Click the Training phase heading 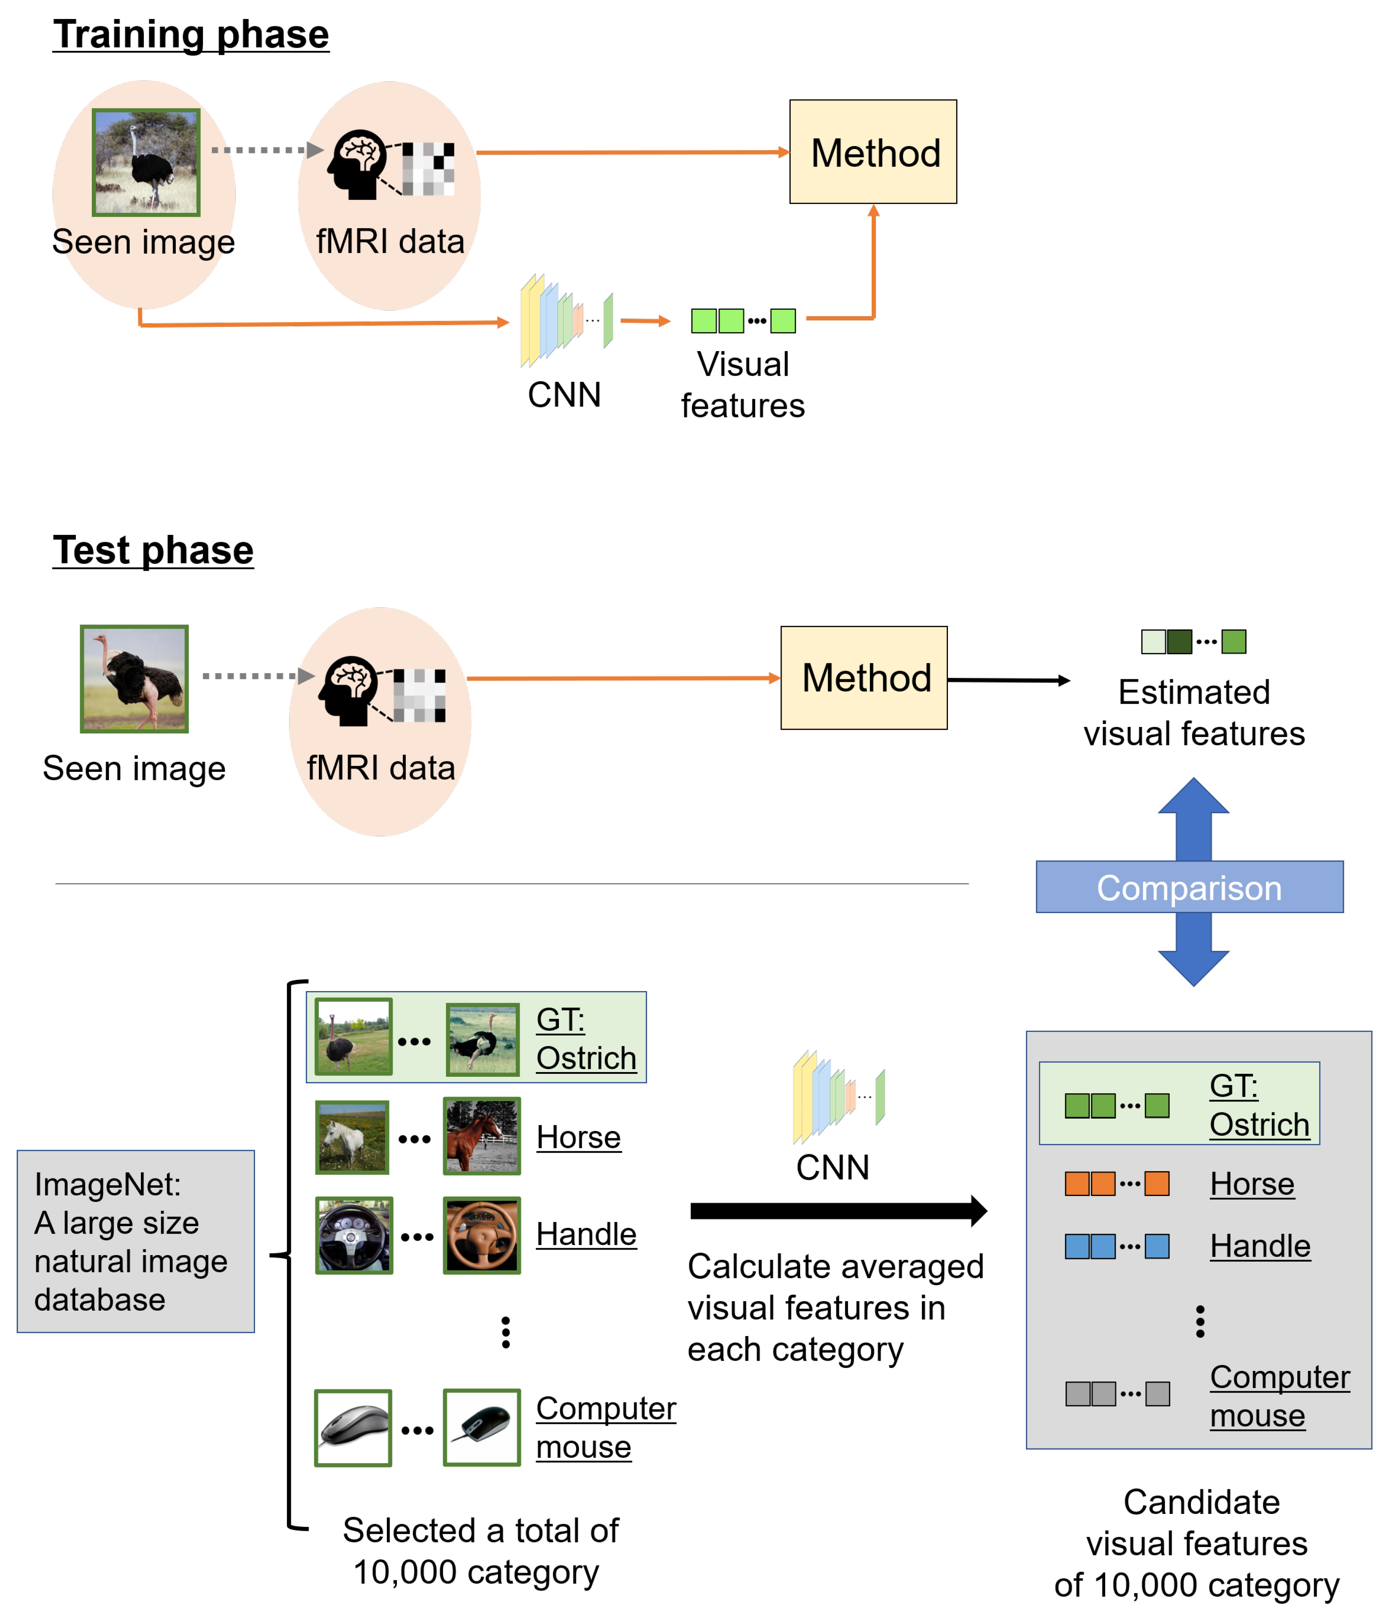coord(191,35)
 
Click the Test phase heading coord(153,550)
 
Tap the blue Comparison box coord(1189,887)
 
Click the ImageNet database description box coord(135,1241)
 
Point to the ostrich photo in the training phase coord(146,162)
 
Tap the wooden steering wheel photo coord(482,1235)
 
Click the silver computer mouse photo coord(353,1428)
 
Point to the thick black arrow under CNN coord(838,1211)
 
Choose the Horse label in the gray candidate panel coord(1252,1184)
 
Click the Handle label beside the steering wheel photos coord(586,1235)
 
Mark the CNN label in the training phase coord(564,395)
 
